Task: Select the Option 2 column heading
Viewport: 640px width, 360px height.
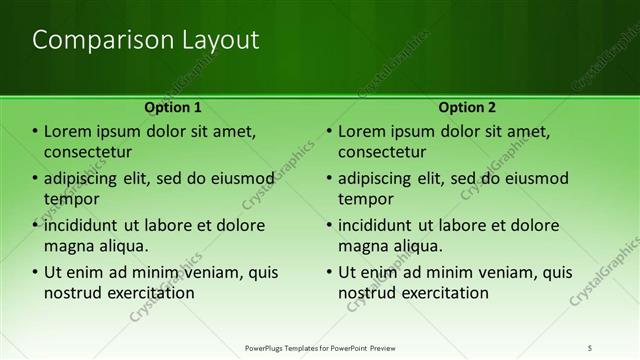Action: coord(466,106)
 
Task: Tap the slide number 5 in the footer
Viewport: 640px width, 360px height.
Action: coord(590,348)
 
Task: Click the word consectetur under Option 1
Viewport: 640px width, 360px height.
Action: coord(89,152)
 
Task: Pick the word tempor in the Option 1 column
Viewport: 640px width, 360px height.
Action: coord(69,199)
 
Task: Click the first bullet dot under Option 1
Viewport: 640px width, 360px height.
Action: coord(35,132)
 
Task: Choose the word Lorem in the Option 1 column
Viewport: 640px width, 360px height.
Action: coord(67,132)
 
